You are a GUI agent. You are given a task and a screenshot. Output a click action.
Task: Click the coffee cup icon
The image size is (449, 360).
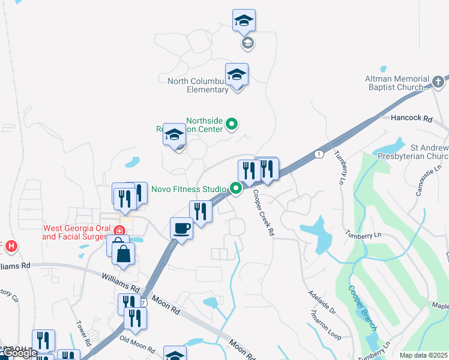tap(181, 228)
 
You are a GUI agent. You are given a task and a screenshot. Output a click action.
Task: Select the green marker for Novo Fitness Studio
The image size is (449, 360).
tap(237, 189)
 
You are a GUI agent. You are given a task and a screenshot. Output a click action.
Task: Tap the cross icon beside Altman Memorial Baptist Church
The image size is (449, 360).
tap(439, 81)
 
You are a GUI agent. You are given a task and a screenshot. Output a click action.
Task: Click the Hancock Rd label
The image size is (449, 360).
tap(411, 119)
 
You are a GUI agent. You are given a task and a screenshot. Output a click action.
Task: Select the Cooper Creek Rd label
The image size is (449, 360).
tap(264, 213)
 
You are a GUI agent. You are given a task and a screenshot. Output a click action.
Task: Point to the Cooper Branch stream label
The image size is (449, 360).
tap(362, 307)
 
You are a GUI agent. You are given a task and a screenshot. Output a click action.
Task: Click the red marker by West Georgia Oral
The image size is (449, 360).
tap(119, 230)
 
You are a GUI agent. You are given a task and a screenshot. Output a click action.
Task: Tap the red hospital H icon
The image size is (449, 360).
tap(10, 246)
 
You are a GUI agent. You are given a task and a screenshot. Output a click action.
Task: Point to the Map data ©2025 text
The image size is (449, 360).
tap(423, 355)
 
